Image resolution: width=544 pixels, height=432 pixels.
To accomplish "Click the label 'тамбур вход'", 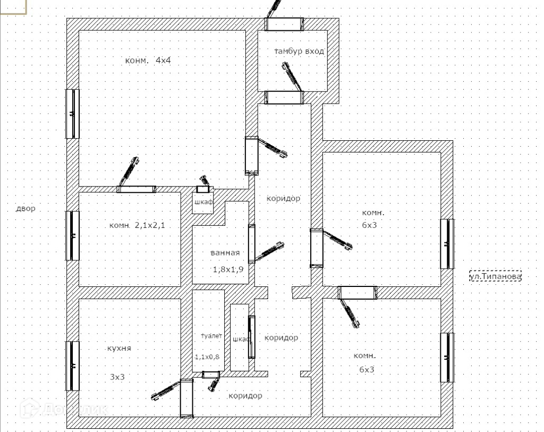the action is [x=299, y=52].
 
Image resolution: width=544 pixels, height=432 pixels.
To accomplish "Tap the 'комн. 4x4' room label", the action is [x=148, y=60].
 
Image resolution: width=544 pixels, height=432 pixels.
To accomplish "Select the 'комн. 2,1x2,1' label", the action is [x=137, y=225].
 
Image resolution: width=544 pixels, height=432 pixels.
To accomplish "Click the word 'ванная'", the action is [x=225, y=253].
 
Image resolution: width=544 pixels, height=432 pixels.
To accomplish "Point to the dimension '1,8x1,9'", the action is [x=228, y=269].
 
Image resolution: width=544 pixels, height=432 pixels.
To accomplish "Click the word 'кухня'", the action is [x=119, y=349].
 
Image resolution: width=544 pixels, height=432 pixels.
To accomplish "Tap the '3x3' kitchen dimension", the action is [x=117, y=377].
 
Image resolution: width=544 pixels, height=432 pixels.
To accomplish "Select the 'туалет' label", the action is [x=211, y=336].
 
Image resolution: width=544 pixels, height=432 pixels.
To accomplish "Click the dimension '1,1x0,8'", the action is [x=207, y=357].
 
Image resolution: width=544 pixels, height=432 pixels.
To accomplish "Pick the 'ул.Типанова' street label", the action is [x=495, y=276].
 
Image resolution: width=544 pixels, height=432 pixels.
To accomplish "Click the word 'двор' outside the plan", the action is [x=25, y=208].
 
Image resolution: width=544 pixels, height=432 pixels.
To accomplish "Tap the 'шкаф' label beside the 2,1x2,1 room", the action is [x=202, y=202].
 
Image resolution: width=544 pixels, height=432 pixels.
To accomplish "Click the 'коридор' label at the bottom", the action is [x=245, y=396].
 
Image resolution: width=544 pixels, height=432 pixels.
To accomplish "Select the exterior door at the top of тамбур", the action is [x=284, y=24].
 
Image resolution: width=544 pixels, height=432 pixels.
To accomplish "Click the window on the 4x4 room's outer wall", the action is [x=72, y=114].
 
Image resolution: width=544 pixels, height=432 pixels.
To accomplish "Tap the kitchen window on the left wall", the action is [x=72, y=366].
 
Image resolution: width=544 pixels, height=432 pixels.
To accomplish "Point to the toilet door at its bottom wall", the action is [x=211, y=375].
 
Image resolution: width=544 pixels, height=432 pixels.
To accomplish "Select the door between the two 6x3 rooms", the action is [x=357, y=292].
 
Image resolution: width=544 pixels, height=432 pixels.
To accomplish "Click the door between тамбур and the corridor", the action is [x=284, y=97].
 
